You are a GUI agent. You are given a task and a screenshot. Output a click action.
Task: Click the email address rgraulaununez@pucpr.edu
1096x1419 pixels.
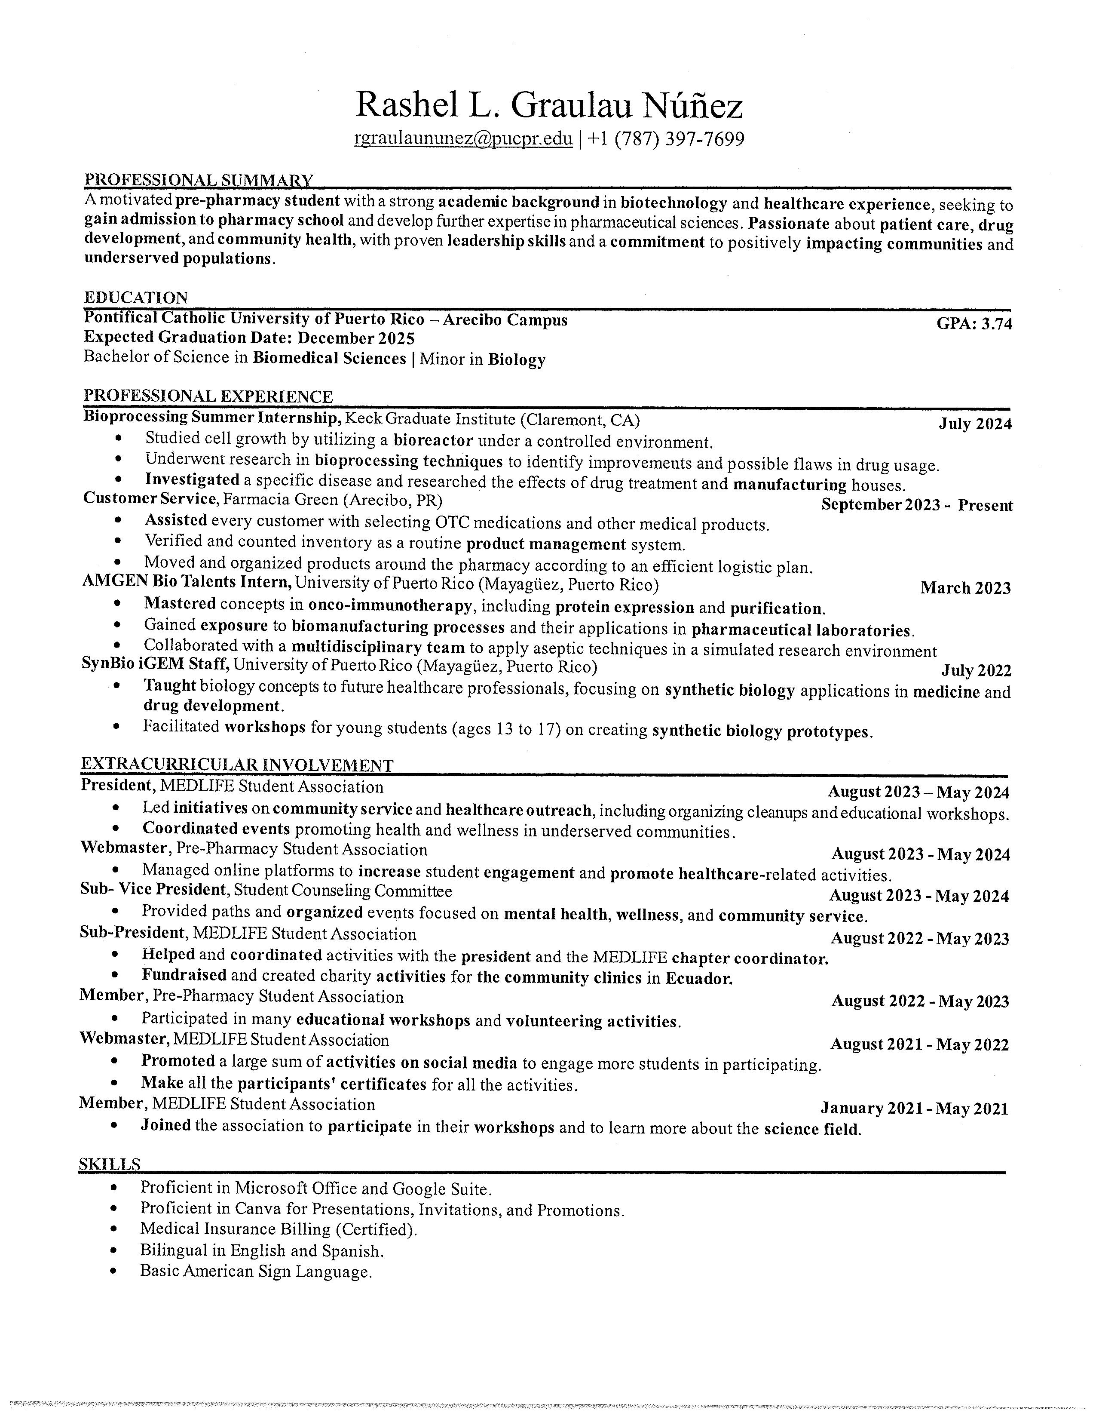(463, 139)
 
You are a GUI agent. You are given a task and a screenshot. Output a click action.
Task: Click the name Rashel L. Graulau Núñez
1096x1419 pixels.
(549, 105)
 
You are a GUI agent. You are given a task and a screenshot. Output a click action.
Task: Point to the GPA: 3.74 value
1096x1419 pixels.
(974, 323)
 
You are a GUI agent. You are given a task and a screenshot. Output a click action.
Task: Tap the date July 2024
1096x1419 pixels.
(975, 424)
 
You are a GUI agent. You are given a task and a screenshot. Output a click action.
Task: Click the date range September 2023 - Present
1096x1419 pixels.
(916, 506)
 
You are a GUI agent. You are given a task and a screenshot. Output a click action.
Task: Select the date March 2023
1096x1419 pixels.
(965, 588)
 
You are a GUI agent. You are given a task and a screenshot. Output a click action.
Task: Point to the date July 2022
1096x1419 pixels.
(977, 670)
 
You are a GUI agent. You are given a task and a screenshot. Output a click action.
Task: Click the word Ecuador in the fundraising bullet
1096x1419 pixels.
(698, 979)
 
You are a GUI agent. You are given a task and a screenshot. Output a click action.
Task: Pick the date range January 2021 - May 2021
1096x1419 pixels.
(914, 1109)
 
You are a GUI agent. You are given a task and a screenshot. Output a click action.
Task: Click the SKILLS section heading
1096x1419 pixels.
(109, 1164)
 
